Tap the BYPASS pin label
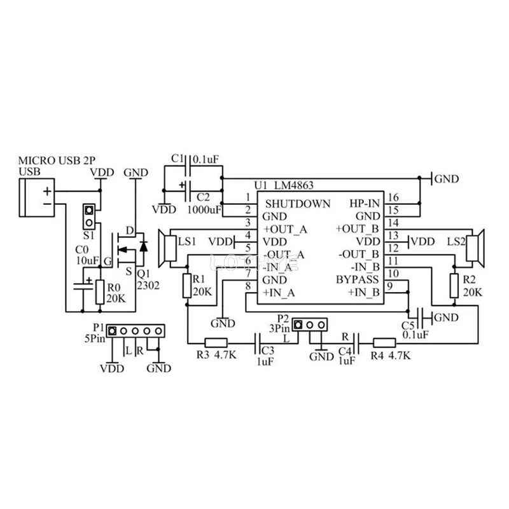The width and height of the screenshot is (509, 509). tap(357, 279)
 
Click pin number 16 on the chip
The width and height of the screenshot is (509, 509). tap(393, 197)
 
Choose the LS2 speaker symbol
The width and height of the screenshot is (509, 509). tap(473, 247)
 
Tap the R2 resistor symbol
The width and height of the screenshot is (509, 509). tap(454, 284)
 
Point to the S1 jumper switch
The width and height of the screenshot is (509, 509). tap(90, 216)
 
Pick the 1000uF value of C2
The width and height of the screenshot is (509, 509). tap(205, 209)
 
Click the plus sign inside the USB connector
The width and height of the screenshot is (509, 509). tap(47, 191)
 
